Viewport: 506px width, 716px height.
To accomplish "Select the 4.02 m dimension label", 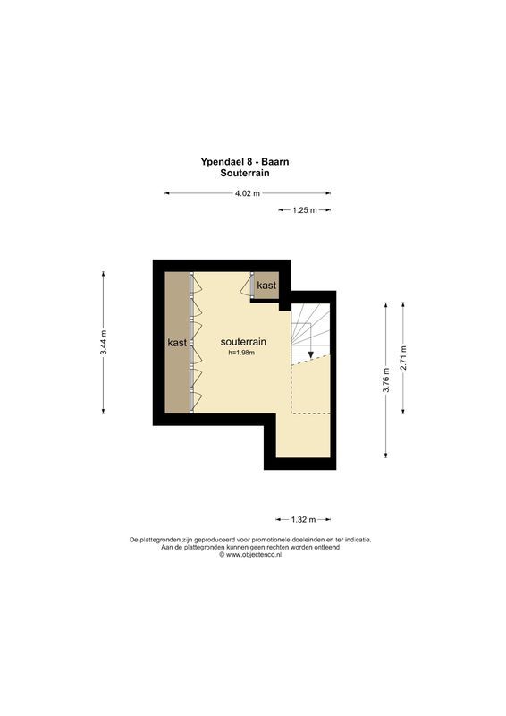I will [x=247, y=193].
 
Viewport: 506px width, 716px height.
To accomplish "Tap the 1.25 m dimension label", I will [x=305, y=210].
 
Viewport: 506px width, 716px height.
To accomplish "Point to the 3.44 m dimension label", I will [x=104, y=344].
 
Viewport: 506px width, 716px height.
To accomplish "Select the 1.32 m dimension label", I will [x=305, y=519].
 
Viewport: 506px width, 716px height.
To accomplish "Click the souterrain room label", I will [x=242, y=342].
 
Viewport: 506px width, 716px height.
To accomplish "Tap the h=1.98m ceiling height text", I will [x=241, y=354].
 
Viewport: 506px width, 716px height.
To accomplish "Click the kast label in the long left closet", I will [x=176, y=343].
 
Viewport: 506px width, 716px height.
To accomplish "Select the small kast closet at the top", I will [x=266, y=285].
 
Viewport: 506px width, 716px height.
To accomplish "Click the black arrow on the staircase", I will [x=310, y=355].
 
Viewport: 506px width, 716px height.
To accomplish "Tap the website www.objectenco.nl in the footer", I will [x=253, y=555].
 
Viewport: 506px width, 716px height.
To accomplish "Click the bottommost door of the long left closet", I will [x=198, y=400].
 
